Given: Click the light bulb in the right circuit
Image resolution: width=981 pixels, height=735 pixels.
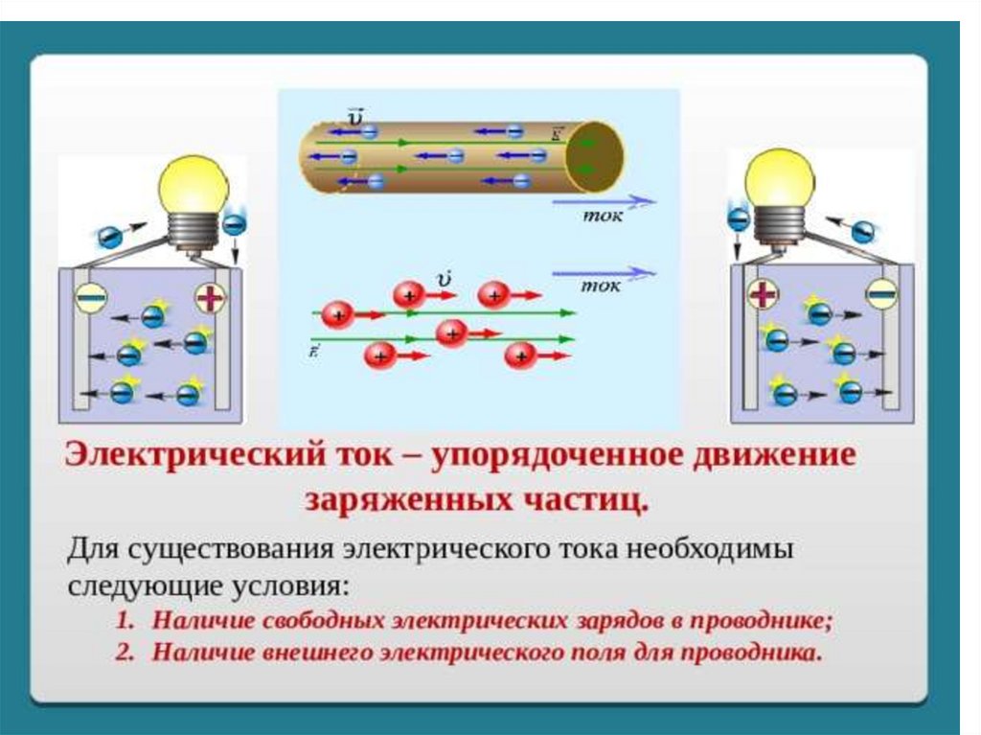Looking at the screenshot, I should [x=780, y=179].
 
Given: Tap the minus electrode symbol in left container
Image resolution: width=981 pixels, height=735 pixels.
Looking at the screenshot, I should [x=91, y=298].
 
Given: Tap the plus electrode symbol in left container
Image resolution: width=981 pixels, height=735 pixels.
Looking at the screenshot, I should [x=209, y=298].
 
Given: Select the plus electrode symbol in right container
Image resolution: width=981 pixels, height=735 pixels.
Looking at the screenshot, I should [x=764, y=295].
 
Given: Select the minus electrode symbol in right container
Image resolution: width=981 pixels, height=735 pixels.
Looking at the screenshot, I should [x=880, y=295].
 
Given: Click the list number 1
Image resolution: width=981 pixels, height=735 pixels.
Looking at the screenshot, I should [x=125, y=620].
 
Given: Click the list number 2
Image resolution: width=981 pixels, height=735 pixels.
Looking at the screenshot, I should [x=125, y=655].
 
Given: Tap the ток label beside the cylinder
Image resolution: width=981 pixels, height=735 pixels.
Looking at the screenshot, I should [x=604, y=216].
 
